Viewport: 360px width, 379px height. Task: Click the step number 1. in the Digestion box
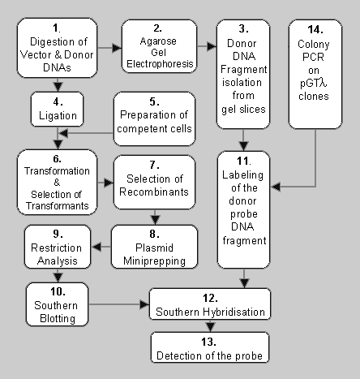[57, 28]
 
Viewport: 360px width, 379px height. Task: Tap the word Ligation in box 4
[58, 116]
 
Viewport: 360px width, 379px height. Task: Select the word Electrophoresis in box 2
[160, 64]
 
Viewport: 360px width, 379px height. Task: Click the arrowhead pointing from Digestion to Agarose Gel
[117, 48]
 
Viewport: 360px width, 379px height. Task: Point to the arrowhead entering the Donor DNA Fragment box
[212, 46]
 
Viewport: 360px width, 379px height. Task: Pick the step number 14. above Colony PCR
[315, 30]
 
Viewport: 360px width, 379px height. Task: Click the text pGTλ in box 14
[314, 84]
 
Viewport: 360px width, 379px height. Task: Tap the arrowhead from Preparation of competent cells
[63, 133]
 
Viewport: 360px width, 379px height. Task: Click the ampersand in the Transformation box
[57, 183]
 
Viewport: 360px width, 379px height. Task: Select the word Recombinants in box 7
[154, 192]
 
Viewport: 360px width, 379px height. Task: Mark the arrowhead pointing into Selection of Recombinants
[109, 183]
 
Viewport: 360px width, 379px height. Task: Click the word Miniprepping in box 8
[154, 261]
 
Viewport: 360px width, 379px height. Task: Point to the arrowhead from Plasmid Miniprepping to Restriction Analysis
[96, 247]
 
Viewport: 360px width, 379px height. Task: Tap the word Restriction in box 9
[56, 248]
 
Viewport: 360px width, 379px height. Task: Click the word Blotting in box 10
[58, 318]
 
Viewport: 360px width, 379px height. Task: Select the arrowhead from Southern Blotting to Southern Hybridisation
[144, 304]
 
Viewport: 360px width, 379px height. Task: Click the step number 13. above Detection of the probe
[208, 342]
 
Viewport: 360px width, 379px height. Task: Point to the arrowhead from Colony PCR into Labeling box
[276, 187]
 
